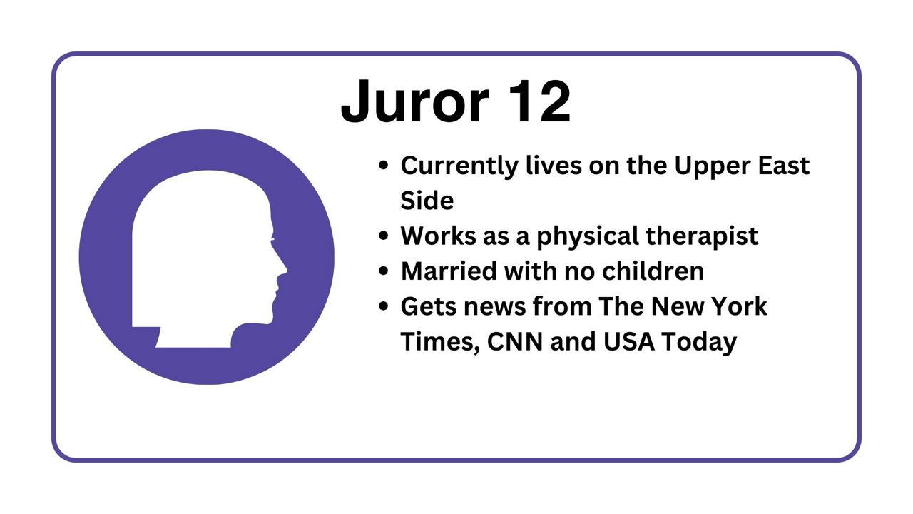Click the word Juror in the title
(414, 101)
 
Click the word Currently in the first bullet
(459, 167)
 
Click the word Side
(427, 201)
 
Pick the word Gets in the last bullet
(428, 306)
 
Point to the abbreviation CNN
(515, 342)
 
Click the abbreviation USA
(629, 342)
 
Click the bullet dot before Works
(383, 236)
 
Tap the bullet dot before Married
(383, 271)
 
